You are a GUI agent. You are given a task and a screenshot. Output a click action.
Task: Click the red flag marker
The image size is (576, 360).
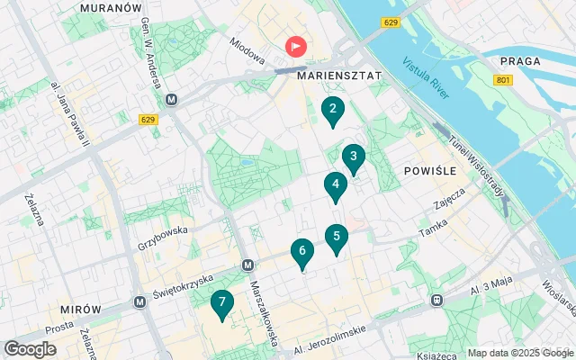[295, 46]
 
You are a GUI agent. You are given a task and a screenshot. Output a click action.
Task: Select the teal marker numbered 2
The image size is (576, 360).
[333, 112]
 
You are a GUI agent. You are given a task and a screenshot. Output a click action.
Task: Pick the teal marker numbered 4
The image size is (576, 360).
[336, 186]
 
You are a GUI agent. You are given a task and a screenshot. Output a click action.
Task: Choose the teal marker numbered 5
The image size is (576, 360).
[337, 238]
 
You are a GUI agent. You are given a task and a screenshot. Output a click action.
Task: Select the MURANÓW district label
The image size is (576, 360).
[112, 7]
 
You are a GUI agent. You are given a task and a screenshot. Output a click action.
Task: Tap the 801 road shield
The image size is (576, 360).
[502, 81]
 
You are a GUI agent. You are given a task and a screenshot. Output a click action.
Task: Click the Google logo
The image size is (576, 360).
[30, 349]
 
